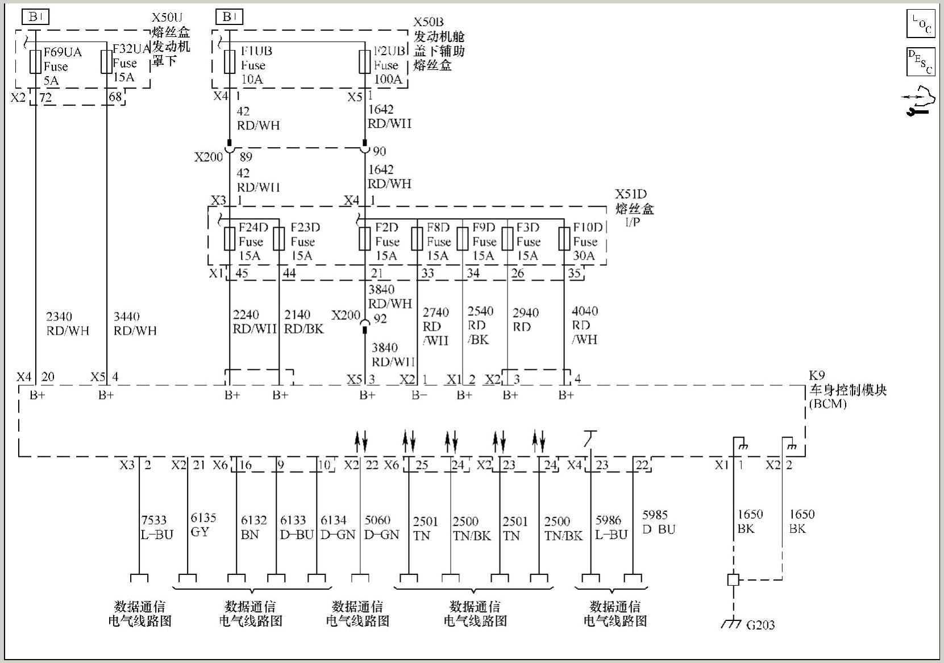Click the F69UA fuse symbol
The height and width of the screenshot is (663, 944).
pos(36,61)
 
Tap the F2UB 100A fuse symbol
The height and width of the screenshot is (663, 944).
pos(365,61)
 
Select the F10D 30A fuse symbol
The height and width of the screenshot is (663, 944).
pos(564,239)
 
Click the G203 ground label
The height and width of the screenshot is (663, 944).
pos(760,625)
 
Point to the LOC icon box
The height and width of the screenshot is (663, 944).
pos(920,24)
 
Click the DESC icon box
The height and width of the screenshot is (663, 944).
pos(920,62)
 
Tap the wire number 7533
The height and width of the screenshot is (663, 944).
pos(153,520)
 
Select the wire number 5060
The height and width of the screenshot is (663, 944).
pos(377,520)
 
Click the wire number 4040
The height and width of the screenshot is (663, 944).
pos(585,311)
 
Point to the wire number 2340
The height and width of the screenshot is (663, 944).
pos(59,316)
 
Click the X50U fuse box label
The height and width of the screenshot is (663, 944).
pos(167,18)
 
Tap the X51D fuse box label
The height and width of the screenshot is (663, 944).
pos(631,194)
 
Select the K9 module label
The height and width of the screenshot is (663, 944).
pos(817,376)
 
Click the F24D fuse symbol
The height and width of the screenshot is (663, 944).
pos(229,239)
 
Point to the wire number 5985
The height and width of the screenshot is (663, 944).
pos(655,515)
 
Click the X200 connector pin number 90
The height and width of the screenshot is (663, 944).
pos(379,151)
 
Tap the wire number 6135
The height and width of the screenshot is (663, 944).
pos(203,518)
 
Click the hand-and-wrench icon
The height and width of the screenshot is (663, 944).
pos(918,101)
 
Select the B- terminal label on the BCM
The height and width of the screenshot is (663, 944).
pos(419,395)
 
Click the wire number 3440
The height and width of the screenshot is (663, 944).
pos(126,316)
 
